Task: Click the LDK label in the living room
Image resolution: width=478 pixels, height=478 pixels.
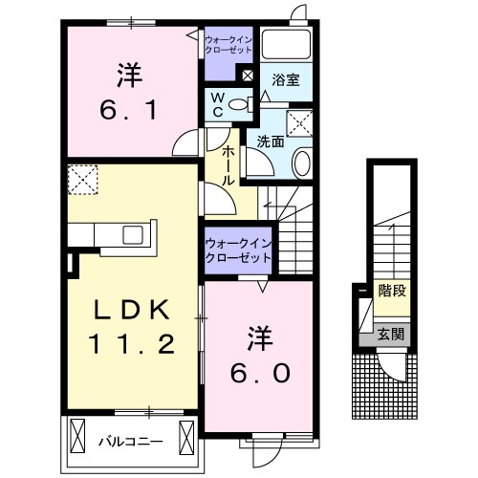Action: click(x=131, y=311)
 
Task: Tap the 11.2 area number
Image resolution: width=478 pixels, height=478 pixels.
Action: click(x=132, y=344)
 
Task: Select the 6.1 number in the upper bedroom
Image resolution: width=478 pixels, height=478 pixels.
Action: click(x=129, y=110)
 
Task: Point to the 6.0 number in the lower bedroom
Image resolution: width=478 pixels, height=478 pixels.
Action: click(x=260, y=373)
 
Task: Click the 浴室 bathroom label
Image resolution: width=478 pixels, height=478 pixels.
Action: click(x=286, y=80)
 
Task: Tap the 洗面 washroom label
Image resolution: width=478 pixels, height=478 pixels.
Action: click(x=271, y=141)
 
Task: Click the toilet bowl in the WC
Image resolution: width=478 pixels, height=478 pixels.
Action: click(x=241, y=104)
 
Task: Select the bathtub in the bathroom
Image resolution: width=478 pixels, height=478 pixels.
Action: click(x=286, y=45)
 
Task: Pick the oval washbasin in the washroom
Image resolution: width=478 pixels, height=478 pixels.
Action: click(x=301, y=163)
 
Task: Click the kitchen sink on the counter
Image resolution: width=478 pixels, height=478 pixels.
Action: click(x=133, y=235)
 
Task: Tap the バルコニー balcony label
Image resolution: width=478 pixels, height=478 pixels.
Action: click(x=131, y=442)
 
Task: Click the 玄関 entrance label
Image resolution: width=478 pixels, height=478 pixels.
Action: click(x=391, y=335)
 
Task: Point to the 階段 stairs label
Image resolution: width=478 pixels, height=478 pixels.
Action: click(x=392, y=291)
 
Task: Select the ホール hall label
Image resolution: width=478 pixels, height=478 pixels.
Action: click(x=228, y=165)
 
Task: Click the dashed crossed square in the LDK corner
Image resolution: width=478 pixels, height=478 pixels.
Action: click(x=82, y=180)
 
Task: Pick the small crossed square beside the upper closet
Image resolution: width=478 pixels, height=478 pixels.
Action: click(x=248, y=76)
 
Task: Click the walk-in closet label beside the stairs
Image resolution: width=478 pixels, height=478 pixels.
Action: click(x=238, y=250)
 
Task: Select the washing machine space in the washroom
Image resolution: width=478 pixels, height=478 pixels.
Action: click(x=299, y=124)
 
